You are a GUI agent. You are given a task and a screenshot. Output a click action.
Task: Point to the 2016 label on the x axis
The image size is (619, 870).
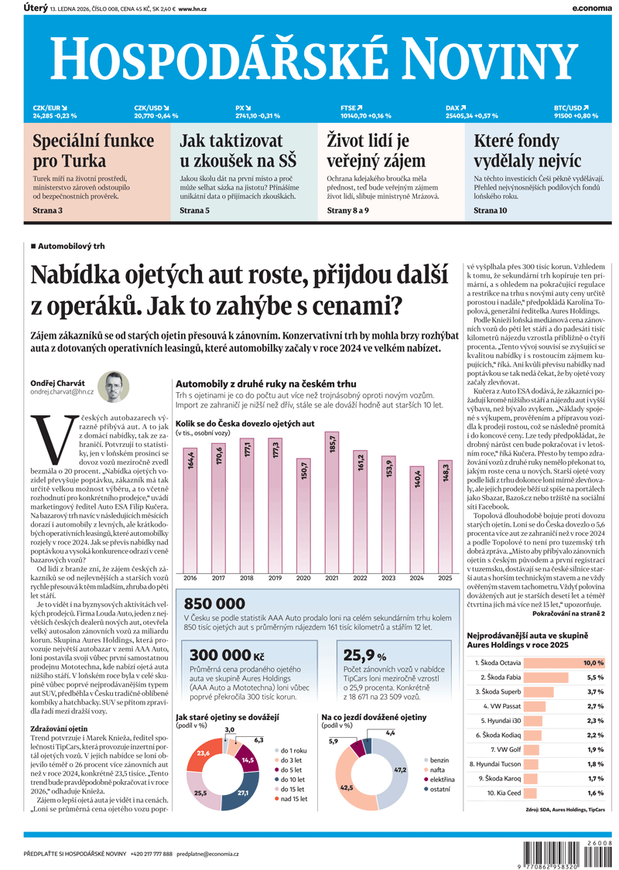point(190,599)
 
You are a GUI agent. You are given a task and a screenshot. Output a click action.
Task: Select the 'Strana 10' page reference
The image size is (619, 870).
point(491,210)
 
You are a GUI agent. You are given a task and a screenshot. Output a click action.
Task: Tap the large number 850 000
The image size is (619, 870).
point(215,624)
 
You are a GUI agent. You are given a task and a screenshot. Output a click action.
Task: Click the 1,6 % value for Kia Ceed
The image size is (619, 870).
point(594,793)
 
